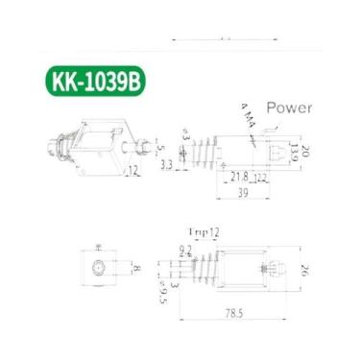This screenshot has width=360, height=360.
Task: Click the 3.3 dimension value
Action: click(167, 166)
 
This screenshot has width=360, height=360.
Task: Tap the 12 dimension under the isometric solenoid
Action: click(132, 170)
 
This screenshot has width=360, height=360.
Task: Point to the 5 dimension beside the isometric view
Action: click(160, 148)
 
